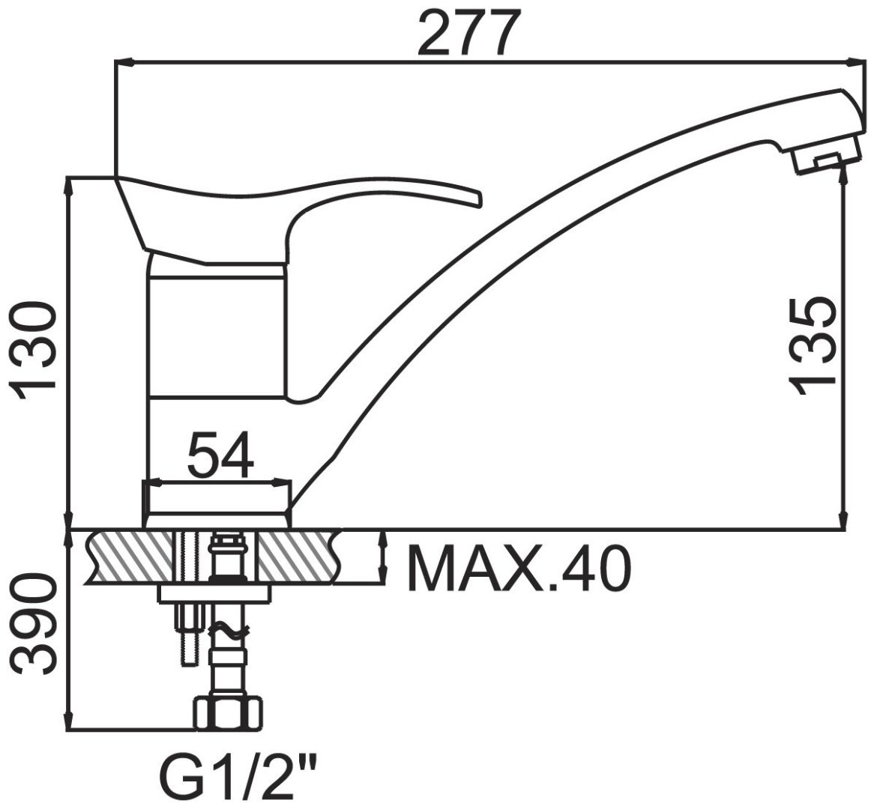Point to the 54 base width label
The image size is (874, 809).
point(220,455)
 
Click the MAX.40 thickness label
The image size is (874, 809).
point(519,569)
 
